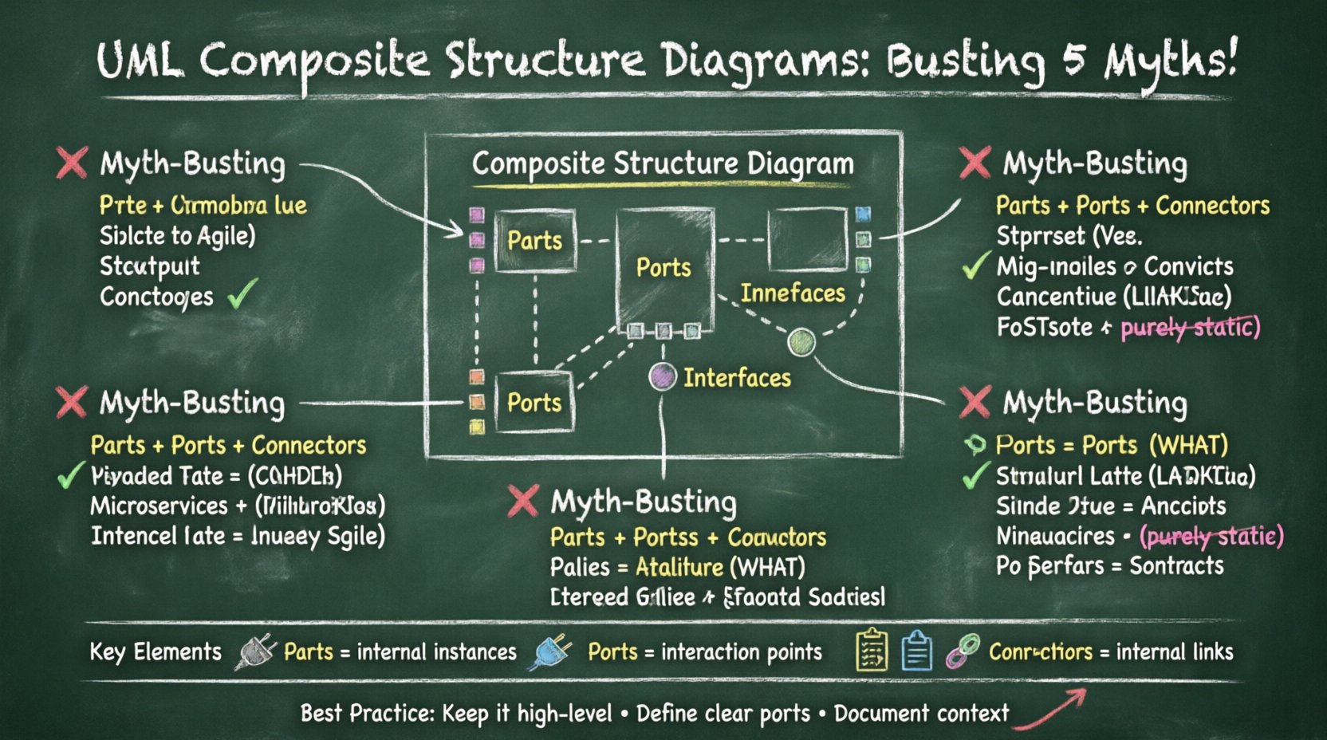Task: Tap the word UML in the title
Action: (x=139, y=61)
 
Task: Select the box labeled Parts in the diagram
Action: (x=534, y=240)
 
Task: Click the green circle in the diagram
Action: (x=801, y=343)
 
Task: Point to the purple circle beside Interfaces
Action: (x=662, y=376)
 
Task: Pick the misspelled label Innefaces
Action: (x=792, y=293)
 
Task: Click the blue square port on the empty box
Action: (x=863, y=214)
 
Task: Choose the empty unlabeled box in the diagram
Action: (x=806, y=239)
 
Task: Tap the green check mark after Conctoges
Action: (x=242, y=294)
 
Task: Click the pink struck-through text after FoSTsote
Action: (x=1189, y=327)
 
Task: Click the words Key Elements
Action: (x=156, y=651)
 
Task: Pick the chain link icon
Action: (x=963, y=651)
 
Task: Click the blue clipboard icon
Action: (x=916, y=651)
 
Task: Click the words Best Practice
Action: (x=365, y=713)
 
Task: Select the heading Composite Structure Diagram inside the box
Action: (x=663, y=164)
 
